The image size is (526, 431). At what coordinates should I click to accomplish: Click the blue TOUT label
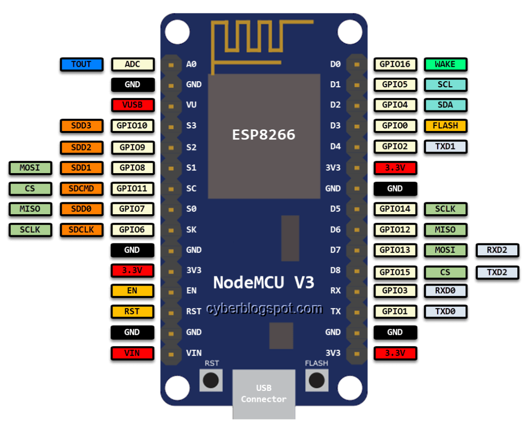tap(82, 64)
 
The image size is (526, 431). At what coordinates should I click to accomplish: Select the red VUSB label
tap(133, 105)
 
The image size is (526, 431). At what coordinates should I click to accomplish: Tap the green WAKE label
tap(445, 64)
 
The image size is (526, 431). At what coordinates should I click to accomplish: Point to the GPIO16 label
tap(395, 64)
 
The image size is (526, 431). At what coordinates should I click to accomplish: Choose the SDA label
tap(445, 105)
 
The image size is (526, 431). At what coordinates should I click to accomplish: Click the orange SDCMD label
tap(82, 189)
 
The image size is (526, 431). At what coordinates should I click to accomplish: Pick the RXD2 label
tap(497, 250)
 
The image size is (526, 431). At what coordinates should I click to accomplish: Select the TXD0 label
tap(445, 311)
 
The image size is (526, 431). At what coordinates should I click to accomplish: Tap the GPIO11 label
tap(133, 189)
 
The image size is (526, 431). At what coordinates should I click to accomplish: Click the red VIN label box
tap(133, 353)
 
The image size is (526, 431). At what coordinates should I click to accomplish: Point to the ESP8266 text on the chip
tap(264, 135)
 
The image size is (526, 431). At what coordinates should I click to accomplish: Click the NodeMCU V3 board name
tap(264, 283)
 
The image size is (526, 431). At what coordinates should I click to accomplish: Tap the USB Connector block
tap(264, 393)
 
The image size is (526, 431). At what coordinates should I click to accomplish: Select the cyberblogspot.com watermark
tap(264, 309)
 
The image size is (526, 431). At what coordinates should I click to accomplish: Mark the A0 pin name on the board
tap(191, 64)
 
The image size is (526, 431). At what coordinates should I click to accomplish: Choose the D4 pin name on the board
tap(335, 146)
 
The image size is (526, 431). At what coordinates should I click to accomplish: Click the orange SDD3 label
tap(82, 126)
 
